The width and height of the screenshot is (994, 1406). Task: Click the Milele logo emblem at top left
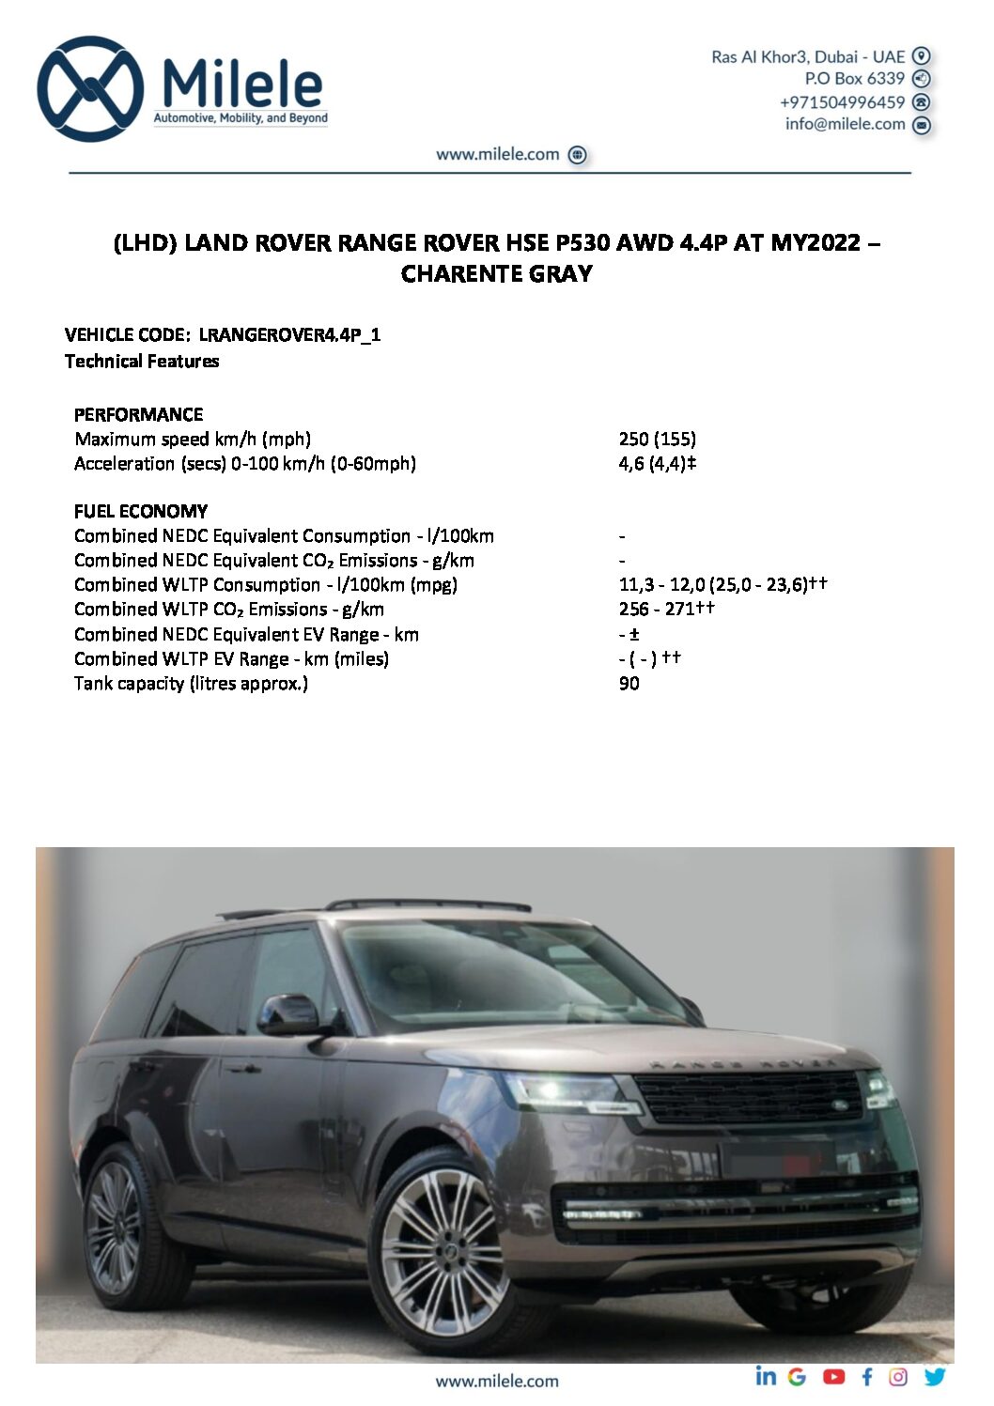(90, 89)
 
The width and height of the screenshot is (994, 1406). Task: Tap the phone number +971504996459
(842, 102)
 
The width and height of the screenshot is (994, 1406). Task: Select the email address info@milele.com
(845, 124)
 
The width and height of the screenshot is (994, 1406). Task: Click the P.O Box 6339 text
(854, 79)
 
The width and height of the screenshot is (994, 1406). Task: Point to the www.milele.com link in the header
(498, 155)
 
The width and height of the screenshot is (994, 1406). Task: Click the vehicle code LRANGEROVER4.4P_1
(289, 335)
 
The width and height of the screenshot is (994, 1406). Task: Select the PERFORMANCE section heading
(138, 414)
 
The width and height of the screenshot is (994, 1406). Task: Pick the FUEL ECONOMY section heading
(141, 511)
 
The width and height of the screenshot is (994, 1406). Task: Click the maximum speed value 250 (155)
(657, 439)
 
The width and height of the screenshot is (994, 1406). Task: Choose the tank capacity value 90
(629, 684)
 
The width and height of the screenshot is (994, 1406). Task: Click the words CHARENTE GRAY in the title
(496, 274)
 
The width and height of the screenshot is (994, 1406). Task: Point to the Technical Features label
(142, 362)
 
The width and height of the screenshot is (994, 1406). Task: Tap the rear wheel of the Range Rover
(115, 1227)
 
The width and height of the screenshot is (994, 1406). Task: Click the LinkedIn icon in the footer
(766, 1376)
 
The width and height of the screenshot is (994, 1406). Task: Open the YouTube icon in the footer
(833, 1377)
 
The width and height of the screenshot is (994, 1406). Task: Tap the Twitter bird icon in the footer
(935, 1377)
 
